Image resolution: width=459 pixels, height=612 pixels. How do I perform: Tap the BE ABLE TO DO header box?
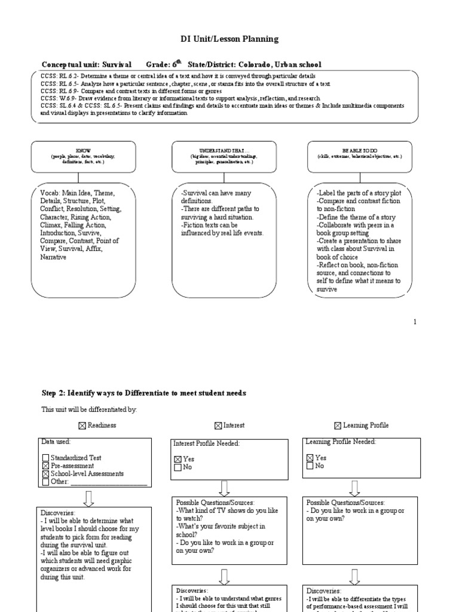tap(359, 152)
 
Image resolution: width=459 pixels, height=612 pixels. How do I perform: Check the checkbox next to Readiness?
tap(82, 426)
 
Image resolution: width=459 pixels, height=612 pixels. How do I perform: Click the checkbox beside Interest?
tap(218, 426)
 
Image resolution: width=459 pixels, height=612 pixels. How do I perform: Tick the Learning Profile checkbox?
tap(338, 426)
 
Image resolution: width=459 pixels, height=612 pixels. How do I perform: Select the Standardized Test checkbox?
tap(46, 458)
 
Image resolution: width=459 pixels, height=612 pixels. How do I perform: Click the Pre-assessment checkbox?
tap(46, 466)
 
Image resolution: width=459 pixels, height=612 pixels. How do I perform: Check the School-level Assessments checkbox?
tap(46, 474)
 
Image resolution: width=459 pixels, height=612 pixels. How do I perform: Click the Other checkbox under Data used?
tap(46, 482)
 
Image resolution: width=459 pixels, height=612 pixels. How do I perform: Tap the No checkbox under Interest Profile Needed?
tap(177, 467)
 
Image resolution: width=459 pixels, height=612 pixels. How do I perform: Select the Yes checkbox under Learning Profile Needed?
tap(310, 458)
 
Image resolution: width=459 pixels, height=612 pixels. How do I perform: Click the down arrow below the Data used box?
tap(88, 498)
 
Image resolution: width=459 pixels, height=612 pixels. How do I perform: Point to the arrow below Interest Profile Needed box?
tap(225, 488)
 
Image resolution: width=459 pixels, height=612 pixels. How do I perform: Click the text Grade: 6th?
tap(163, 64)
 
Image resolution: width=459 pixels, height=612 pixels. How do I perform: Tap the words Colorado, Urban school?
tap(280, 64)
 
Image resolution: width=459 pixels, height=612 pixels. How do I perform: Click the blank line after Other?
tap(108, 482)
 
